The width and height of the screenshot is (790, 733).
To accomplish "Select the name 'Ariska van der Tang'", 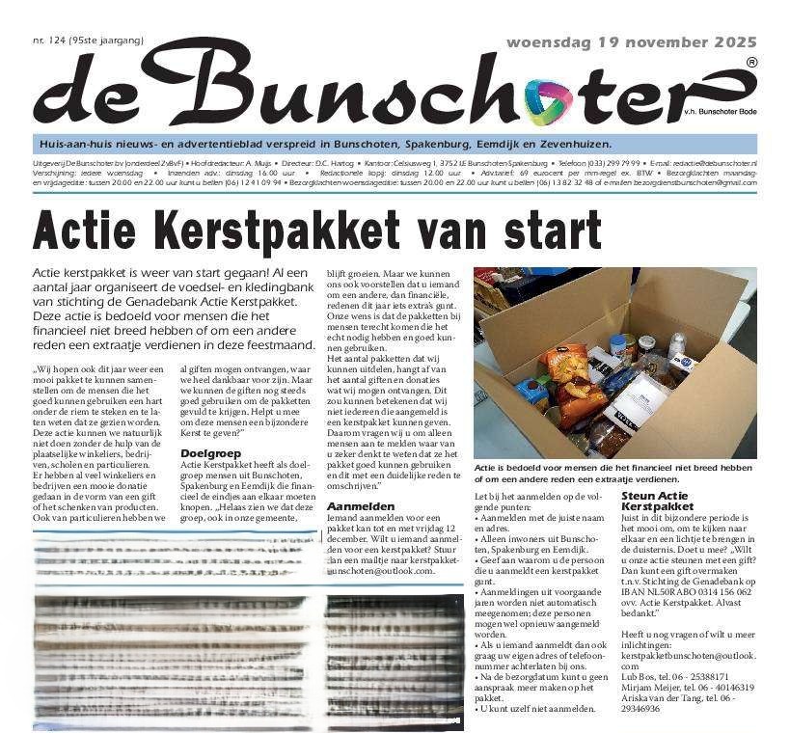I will pos(668,698).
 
